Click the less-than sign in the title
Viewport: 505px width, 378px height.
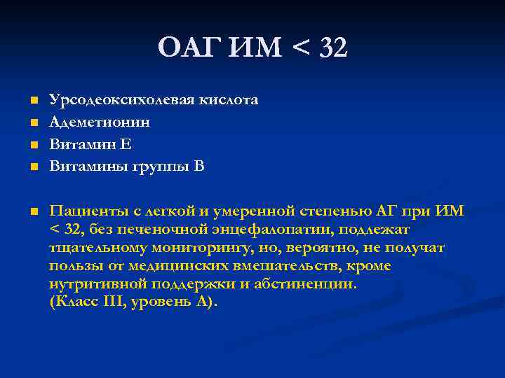(299, 49)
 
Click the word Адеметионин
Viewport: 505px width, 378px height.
(100, 122)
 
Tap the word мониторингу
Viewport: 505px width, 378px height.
(198, 248)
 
